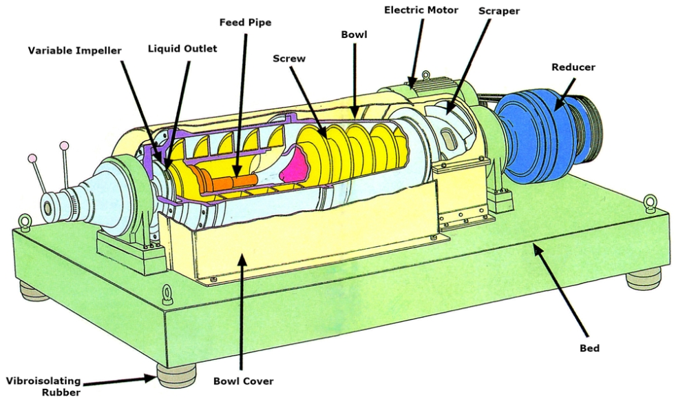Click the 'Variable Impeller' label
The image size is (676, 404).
[74, 51]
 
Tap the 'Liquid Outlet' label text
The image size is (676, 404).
[182, 49]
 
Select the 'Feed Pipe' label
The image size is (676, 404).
[245, 23]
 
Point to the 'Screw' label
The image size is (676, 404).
[289, 59]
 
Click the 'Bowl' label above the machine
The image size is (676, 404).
[354, 34]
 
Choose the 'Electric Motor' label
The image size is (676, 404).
[421, 10]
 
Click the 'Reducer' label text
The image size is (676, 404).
[573, 67]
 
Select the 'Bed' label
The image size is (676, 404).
[589, 348]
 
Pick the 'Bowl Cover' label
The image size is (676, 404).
[243, 381]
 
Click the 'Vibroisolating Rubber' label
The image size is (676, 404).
[43, 386]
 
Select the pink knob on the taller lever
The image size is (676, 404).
[64, 145]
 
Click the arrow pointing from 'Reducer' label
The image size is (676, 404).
[565, 94]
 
